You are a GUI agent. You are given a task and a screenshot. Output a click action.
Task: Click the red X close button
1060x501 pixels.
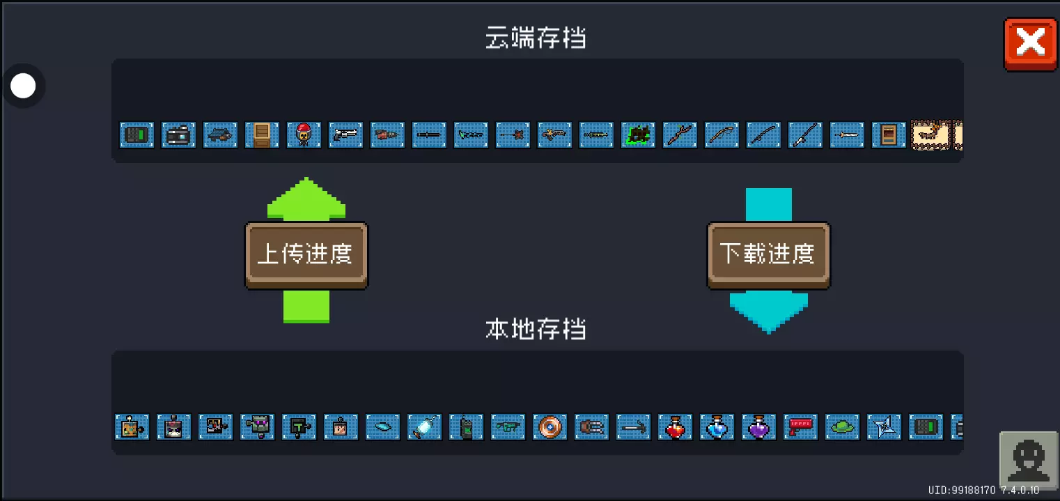pos(1030,44)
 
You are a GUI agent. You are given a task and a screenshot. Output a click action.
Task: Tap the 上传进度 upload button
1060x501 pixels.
pos(306,255)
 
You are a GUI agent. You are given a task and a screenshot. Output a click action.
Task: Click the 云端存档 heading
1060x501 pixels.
pos(535,38)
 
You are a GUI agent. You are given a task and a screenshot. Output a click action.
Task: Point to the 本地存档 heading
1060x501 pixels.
pos(535,329)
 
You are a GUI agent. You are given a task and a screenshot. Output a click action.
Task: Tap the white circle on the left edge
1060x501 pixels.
pos(23,86)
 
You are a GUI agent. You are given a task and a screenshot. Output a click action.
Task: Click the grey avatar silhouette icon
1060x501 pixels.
pos(1029,459)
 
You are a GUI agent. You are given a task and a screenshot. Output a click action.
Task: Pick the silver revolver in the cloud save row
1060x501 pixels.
pos(345,134)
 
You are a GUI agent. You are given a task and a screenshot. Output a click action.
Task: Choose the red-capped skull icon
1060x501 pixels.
pos(304,134)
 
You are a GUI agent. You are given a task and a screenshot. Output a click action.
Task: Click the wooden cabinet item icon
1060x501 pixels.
pos(262,134)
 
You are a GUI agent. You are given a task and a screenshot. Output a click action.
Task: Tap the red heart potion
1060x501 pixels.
pos(675,426)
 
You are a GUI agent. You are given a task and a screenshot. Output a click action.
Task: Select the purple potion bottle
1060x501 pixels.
pos(758,426)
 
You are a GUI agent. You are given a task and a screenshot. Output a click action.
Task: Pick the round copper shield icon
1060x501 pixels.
pos(550,426)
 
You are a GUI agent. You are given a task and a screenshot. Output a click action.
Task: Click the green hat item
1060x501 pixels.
pos(842,426)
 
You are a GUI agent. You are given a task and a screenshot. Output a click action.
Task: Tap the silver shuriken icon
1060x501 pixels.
pos(884,426)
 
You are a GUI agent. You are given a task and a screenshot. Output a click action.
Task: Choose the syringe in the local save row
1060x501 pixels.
pos(424,426)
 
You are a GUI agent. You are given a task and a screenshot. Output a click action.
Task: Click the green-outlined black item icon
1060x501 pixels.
pos(638,134)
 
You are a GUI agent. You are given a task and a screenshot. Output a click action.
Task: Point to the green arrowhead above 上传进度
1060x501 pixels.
pos(306,199)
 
